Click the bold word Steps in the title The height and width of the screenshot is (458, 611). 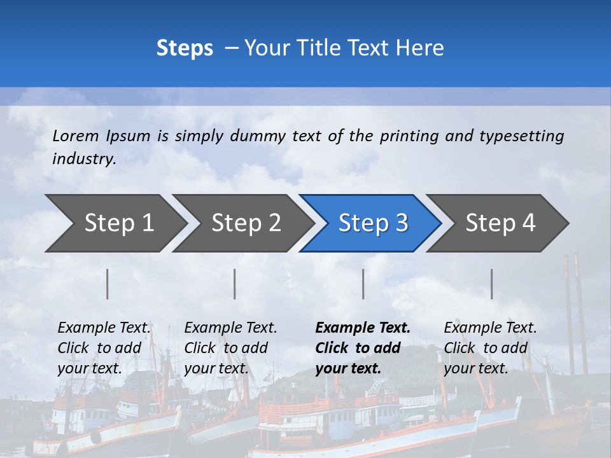(x=185, y=48)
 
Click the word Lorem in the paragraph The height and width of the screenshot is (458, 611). (x=76, y=135)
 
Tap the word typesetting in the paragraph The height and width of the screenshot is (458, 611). (x=521, y=135)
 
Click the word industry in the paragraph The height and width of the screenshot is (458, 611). (x=83, y=158)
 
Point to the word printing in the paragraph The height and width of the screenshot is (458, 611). (x=411, y=135)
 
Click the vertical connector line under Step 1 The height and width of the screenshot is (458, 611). (x=108, y=284)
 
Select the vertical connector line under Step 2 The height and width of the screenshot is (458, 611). (x=235, y=284)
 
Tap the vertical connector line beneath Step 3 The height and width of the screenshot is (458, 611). (x=363, y=284)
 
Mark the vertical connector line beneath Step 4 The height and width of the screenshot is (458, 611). (x=492, y=284)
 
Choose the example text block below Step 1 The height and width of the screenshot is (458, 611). (x=104, y=348)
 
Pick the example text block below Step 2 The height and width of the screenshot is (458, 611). (x=230, y=348)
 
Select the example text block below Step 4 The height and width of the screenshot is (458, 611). (x=490, y=348)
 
